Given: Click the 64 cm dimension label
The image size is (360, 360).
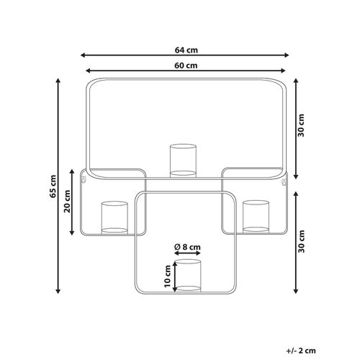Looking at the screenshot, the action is pos(186,50).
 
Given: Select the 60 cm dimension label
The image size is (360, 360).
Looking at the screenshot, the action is pos(186,66).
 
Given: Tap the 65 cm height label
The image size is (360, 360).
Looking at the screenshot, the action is pos(53,186).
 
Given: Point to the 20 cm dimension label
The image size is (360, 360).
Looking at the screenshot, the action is pos(68,201).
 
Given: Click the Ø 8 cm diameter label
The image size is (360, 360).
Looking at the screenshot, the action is pos(187,247).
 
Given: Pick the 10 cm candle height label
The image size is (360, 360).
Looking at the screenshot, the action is pos(167,276).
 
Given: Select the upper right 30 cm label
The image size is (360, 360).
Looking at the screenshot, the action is pos(301,125).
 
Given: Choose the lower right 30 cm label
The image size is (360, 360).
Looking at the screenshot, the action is pos(301,241).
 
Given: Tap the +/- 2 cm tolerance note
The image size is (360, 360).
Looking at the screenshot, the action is pos(301,351).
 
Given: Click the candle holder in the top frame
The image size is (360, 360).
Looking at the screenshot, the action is pos(183,161).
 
